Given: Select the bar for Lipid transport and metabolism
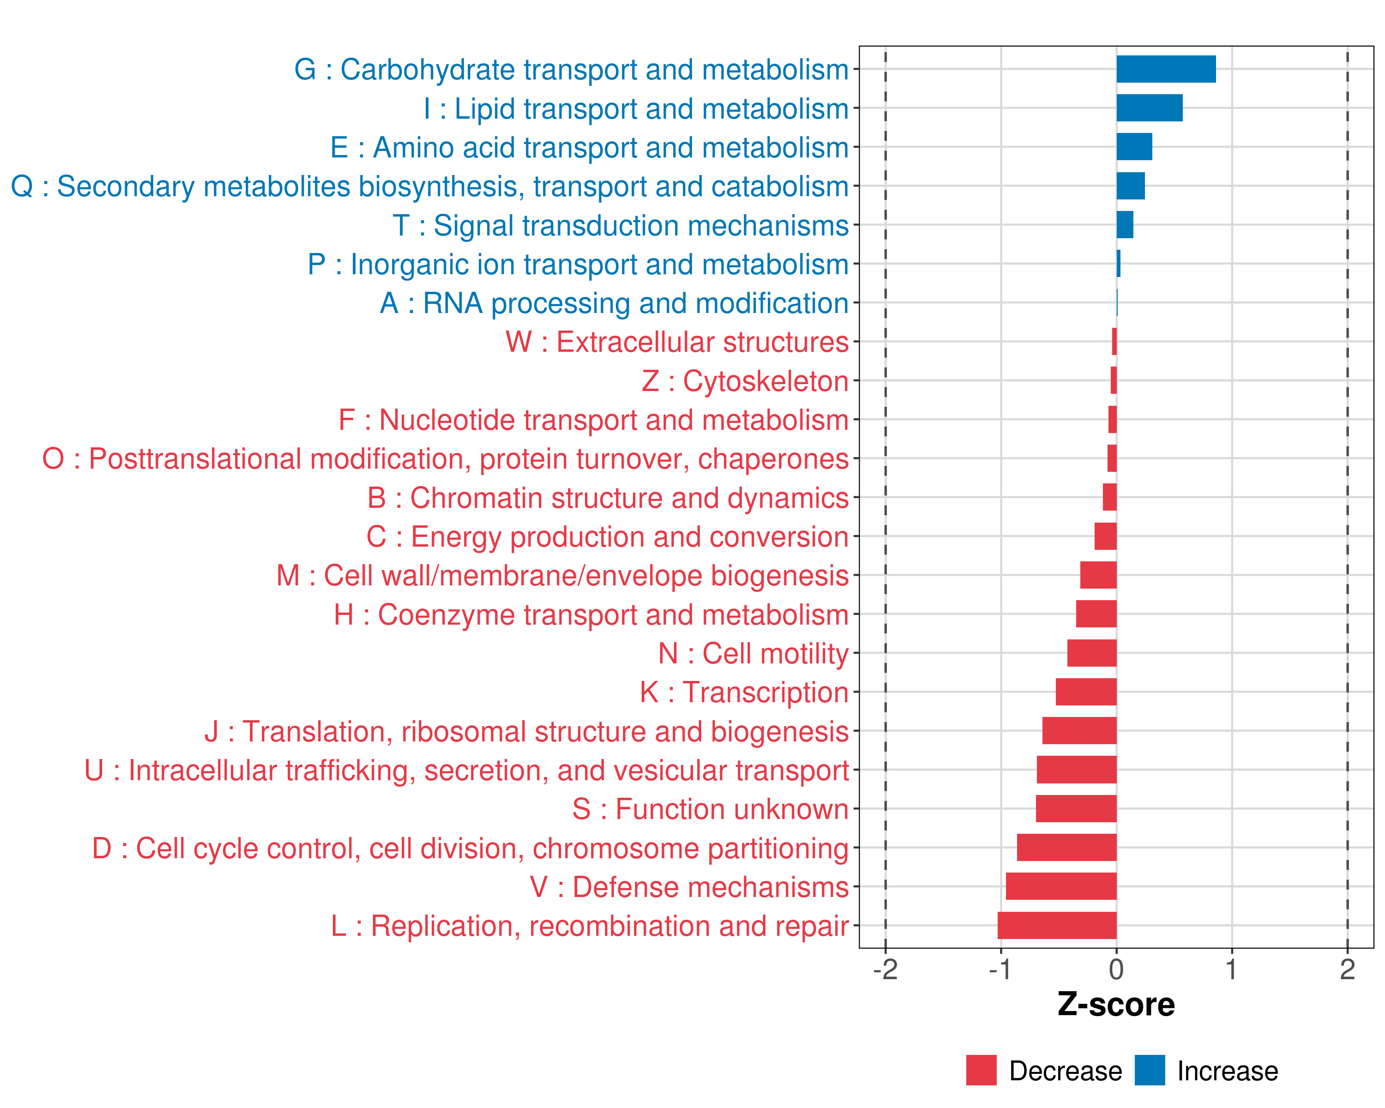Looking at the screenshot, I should [x=1149, y=108].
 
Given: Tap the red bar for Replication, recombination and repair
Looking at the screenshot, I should [x=1057, y=925].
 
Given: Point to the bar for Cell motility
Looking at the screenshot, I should [x=1091, y=653].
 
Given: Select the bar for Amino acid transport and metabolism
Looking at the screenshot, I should [x=1134, y=147].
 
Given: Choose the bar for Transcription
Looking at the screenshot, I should [x=1086, y=692].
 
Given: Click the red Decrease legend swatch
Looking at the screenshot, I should [x=981, y=1070].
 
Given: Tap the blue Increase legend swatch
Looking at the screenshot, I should [x=1149, y=1070].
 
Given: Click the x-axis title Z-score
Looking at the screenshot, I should [x=1116, y=1004].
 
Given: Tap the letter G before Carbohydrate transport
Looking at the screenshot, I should [x=305, y=69].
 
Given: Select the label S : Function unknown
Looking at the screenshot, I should [x=710, y=809].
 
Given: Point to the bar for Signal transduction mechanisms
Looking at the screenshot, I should [x=1124, y=225].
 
